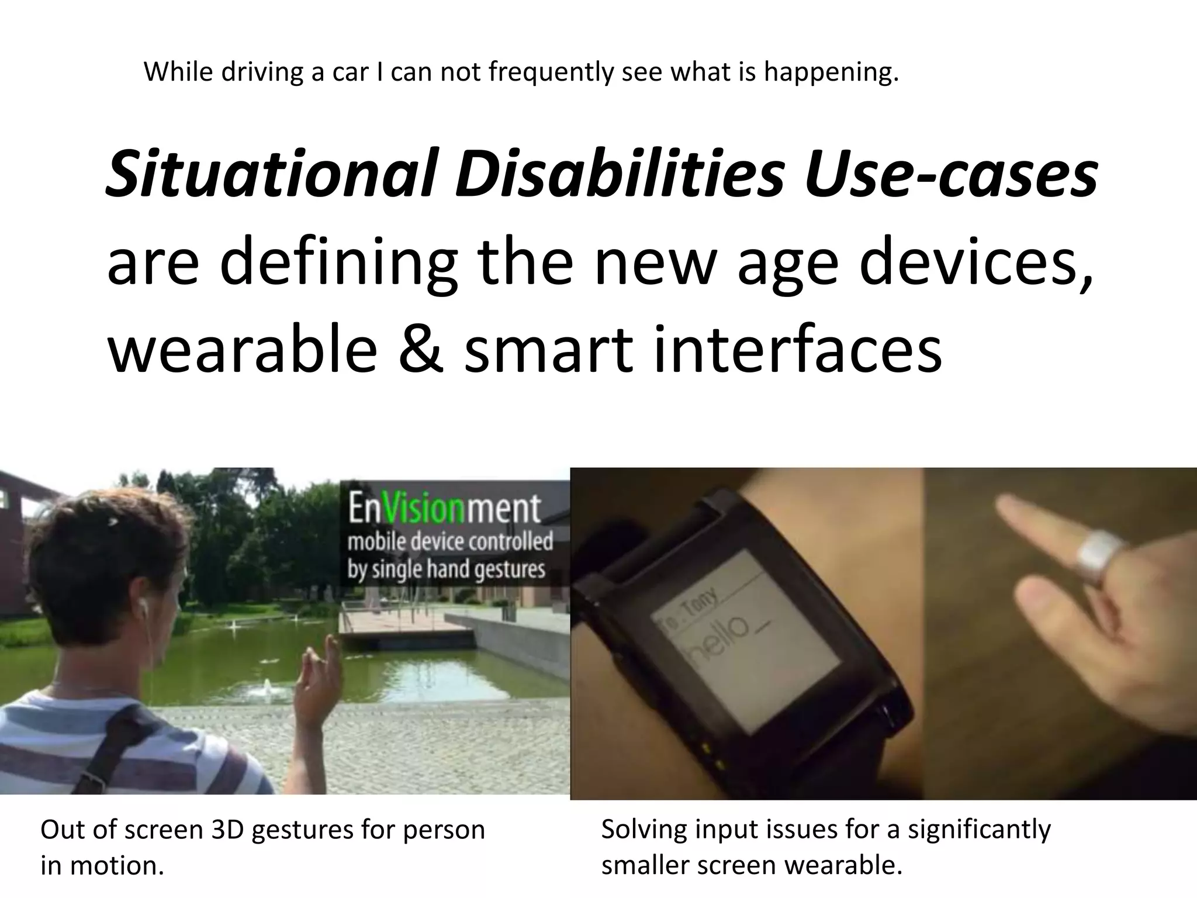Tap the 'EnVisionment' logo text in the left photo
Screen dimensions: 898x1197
444,509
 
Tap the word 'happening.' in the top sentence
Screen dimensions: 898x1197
831,72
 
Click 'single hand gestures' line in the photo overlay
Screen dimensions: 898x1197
447,569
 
